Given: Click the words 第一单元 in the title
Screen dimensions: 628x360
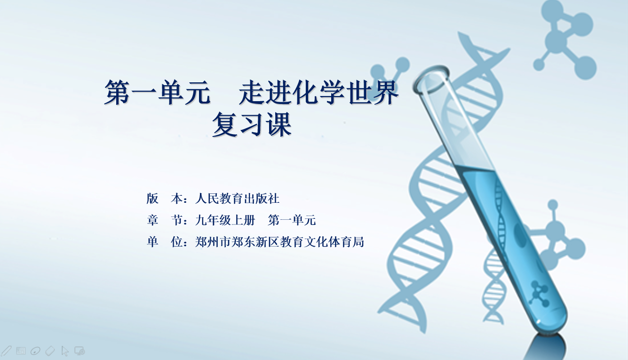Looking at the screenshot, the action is coord(158,92).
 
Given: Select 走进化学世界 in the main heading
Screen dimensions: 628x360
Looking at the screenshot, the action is coord(319,92).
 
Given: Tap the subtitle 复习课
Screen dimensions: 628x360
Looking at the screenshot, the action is coord(252,125).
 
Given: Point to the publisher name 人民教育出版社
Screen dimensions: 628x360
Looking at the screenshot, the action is coord(238,199).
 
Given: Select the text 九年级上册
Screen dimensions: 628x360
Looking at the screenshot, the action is coord(225,220).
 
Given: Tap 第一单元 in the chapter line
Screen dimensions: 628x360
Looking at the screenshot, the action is coord(292,220).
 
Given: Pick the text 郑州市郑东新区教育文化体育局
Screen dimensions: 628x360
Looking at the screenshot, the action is coord(279,242).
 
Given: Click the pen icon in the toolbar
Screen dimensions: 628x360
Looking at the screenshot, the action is coord(6,351).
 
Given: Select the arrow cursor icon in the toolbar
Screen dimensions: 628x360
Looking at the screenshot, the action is coord(65,351).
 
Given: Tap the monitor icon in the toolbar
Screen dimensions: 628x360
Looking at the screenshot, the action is coord(79,351).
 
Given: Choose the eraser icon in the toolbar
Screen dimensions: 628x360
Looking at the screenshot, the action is coord(50,351).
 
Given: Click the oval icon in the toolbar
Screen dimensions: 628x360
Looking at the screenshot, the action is coord(35,351).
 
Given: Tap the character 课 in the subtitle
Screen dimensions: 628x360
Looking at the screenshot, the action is coord(279,125).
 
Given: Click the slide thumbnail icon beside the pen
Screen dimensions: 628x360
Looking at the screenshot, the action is coord(21,351).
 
